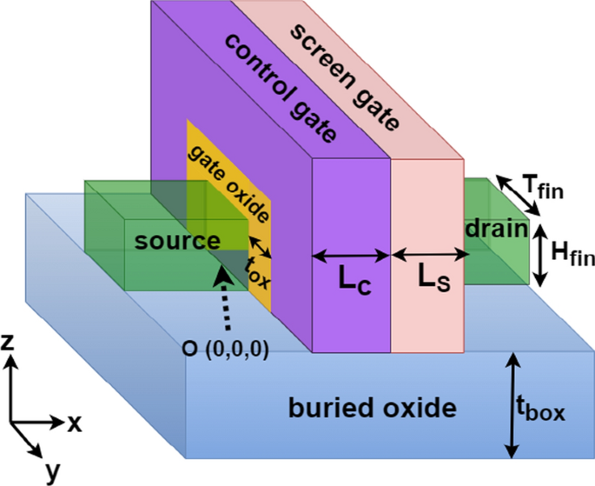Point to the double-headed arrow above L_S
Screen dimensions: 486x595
(429, 255)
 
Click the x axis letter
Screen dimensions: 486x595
(76, 423)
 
